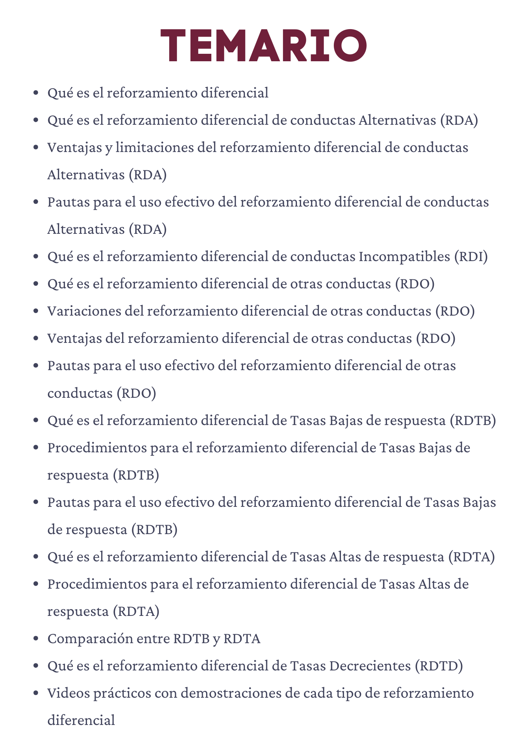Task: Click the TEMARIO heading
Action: (264, 45)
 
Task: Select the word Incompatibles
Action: (404, 257)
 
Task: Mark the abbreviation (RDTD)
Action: (439, 666)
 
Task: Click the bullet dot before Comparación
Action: (36, 639)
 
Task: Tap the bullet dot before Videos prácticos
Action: (36, 693)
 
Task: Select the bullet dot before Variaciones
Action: (36, 311)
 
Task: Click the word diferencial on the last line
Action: (81, 720)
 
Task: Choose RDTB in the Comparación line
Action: (192, 639)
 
